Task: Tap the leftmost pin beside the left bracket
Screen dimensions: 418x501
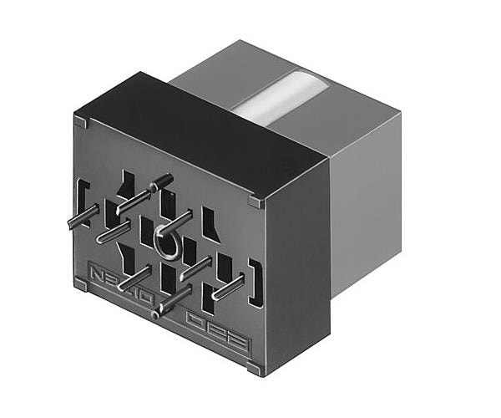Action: [79, 219]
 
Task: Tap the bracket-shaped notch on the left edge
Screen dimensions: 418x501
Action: [81, 198]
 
